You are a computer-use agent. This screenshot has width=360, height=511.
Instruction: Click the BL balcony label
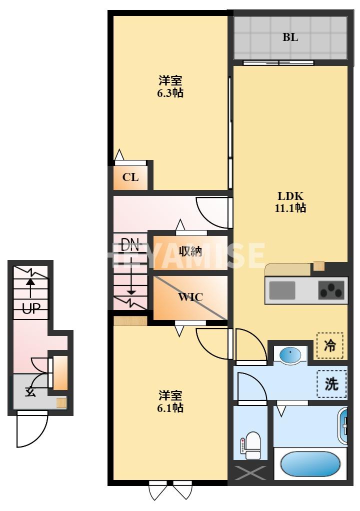coord(290,37)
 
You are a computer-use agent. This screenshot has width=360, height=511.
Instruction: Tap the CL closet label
coord(130,177)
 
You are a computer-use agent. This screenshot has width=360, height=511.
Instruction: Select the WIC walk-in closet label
coord(190,297)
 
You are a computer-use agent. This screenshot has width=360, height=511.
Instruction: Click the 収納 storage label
coord(190,251)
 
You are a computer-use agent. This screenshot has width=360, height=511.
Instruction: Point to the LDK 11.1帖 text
coord(290,202)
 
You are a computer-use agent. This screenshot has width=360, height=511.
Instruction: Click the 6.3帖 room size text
coord(170,92)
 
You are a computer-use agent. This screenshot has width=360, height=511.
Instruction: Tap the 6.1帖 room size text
coord(170,407)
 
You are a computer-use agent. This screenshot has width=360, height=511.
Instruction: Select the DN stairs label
coord(130,245)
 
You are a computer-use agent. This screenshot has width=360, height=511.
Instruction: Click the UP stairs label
coord(30,308)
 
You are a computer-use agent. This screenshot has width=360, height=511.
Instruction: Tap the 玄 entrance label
coord(30,391)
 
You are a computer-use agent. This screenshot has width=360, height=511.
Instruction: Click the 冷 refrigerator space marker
coord(330,345)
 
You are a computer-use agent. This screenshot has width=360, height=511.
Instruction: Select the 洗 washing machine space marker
coord(331,383)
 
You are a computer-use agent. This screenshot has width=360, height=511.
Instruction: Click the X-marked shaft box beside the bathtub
coord(250,473)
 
